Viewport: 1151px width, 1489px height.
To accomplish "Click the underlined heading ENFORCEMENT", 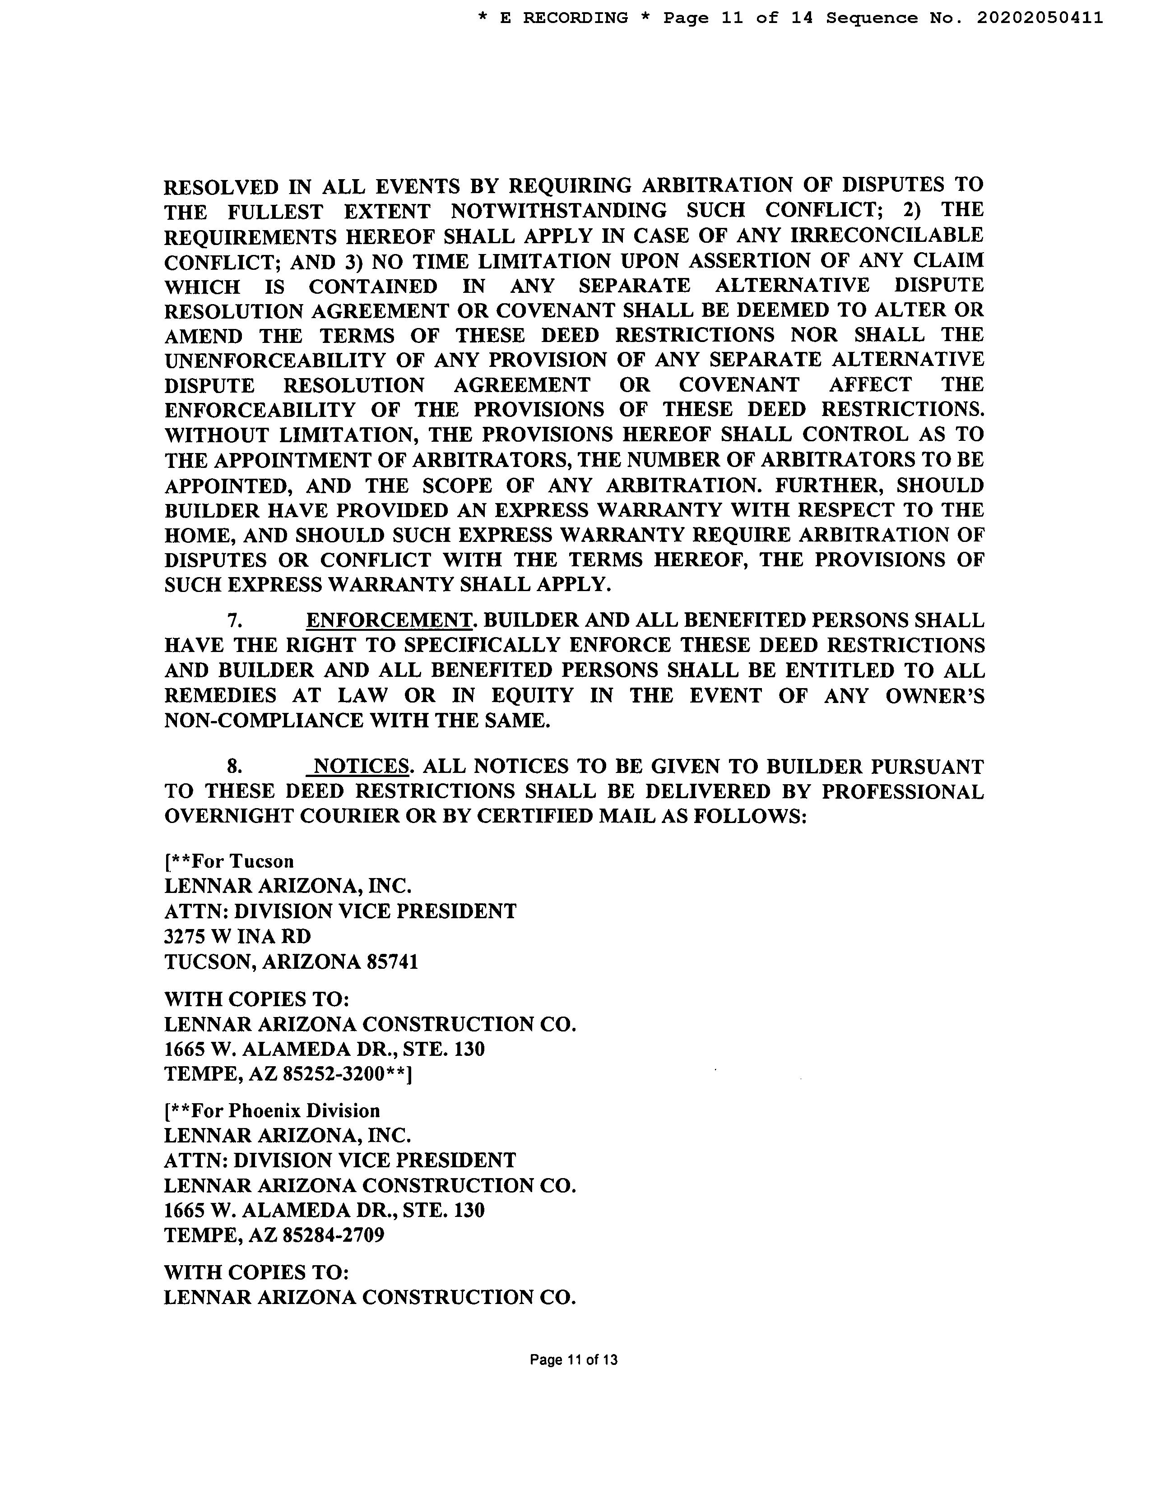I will click(x=389, y=620).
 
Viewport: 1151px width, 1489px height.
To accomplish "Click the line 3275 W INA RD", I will click(x=237, y=936).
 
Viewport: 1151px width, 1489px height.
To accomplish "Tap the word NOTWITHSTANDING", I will click(x=558, y=211).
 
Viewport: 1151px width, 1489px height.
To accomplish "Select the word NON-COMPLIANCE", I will click(x=264, y=721).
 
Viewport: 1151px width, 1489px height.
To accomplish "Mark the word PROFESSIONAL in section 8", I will click(x=903, y=791).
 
